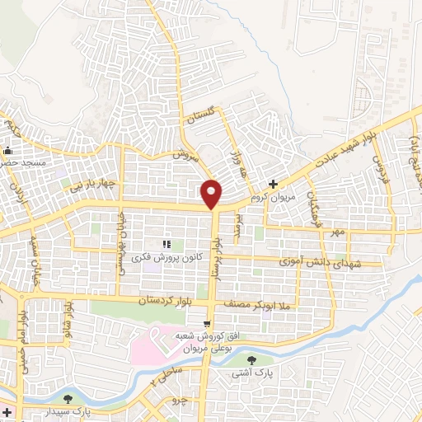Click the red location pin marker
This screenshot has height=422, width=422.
(x=212, y=194)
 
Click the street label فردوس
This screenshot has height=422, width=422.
(x=379, y=171)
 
